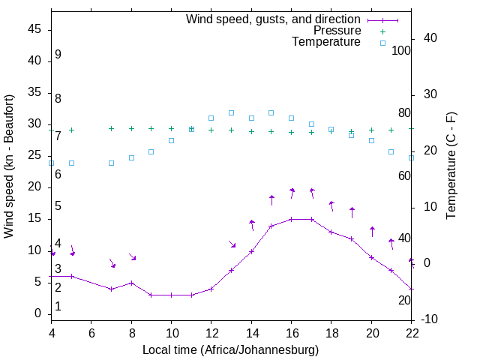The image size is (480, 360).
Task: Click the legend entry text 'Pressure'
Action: point(337,31)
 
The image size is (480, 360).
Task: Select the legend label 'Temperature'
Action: point(326,42)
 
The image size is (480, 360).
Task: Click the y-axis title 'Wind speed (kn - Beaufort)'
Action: point(9,166)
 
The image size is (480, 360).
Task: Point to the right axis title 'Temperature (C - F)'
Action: point(450,166)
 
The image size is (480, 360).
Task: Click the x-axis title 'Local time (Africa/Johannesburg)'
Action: point(230,349)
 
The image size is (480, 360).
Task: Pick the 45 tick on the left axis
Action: point(34,29)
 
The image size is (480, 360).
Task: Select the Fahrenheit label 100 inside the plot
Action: point(401,50)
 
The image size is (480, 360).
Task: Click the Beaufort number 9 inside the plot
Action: point(58,55)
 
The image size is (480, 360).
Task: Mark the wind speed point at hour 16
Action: point(292,219)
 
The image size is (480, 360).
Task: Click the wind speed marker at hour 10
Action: point(171,295)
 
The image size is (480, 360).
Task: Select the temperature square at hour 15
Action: point(271,112)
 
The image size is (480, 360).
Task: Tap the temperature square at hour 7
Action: point(111,163)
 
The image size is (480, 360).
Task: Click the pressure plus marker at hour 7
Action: point(111,128)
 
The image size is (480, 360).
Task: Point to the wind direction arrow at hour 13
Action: point(232,244)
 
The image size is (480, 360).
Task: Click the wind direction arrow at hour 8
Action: point(132,257)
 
